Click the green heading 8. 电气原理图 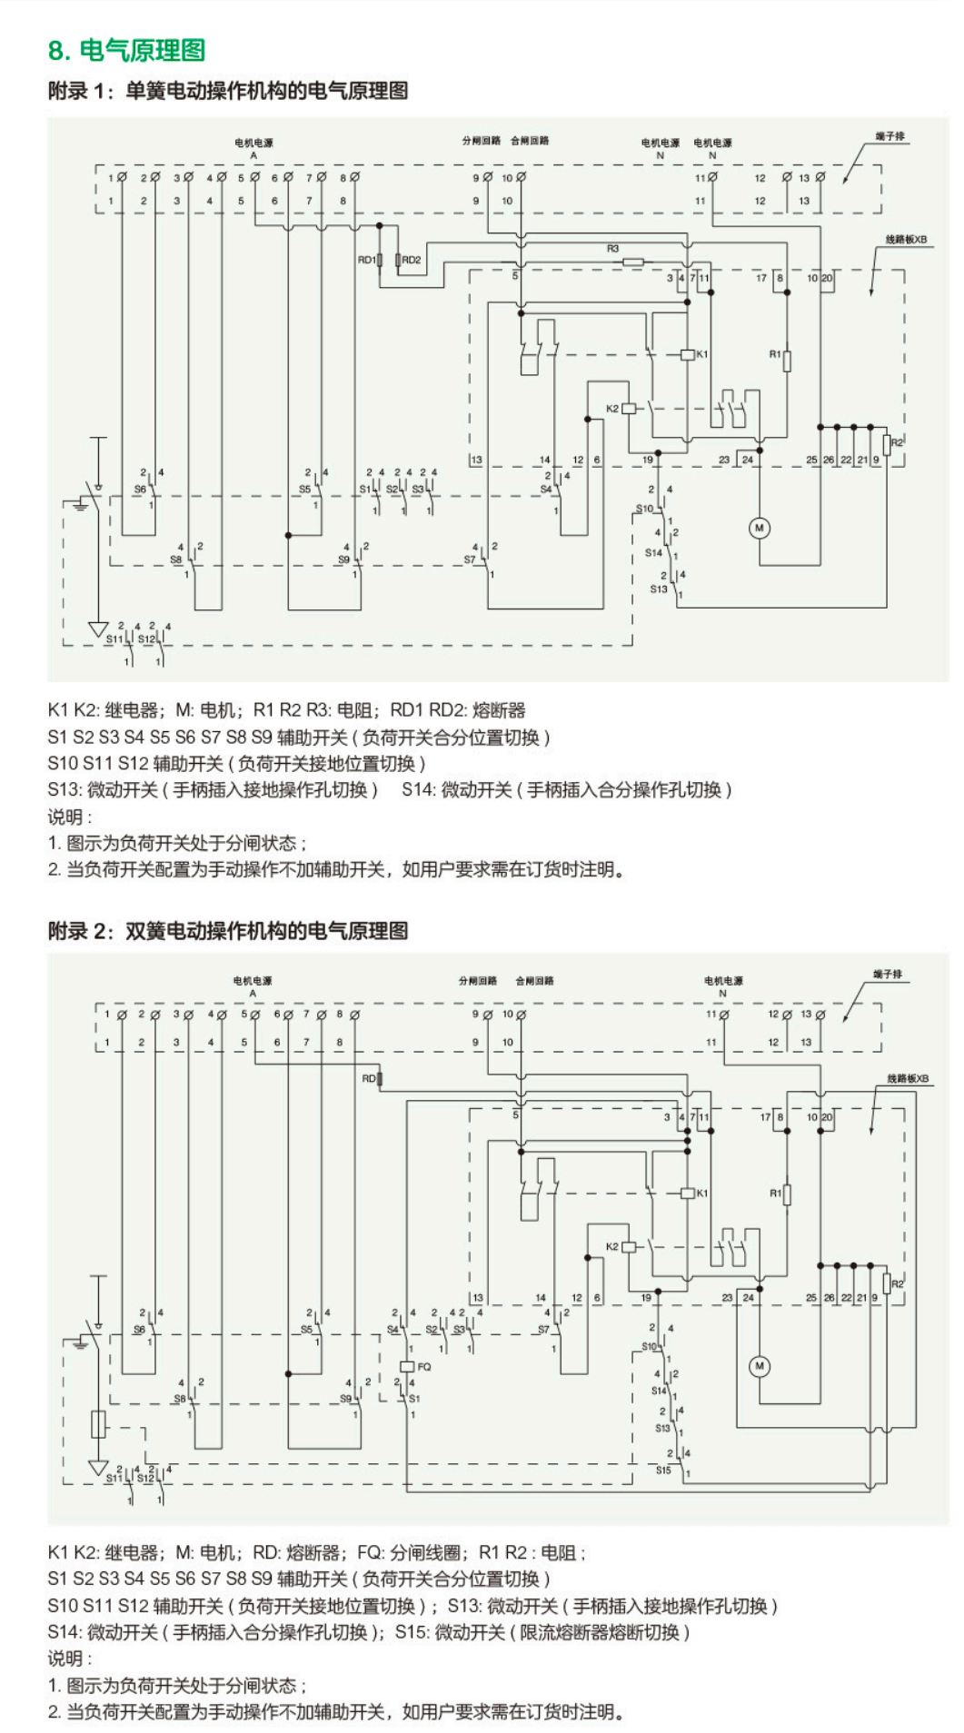point(126,50)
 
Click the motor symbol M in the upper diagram point(760,528)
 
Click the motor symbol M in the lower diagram point(760,1366)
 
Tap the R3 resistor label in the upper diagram point(612,248)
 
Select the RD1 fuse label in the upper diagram point(366,260)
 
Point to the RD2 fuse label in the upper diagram point(412,260)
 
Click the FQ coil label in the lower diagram point(424,1366)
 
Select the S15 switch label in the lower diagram point(663,1470)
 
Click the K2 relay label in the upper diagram point(612,409)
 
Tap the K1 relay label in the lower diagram point(702,1193)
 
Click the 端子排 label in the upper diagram point(890,136)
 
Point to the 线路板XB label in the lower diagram point(908,1078)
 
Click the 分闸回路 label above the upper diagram point(481,141)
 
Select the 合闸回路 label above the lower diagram point(534,980)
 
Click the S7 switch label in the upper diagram point(469,560)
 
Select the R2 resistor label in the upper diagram point(898,442)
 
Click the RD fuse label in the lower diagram point(368,1078)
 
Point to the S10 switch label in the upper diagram point(644,509)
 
